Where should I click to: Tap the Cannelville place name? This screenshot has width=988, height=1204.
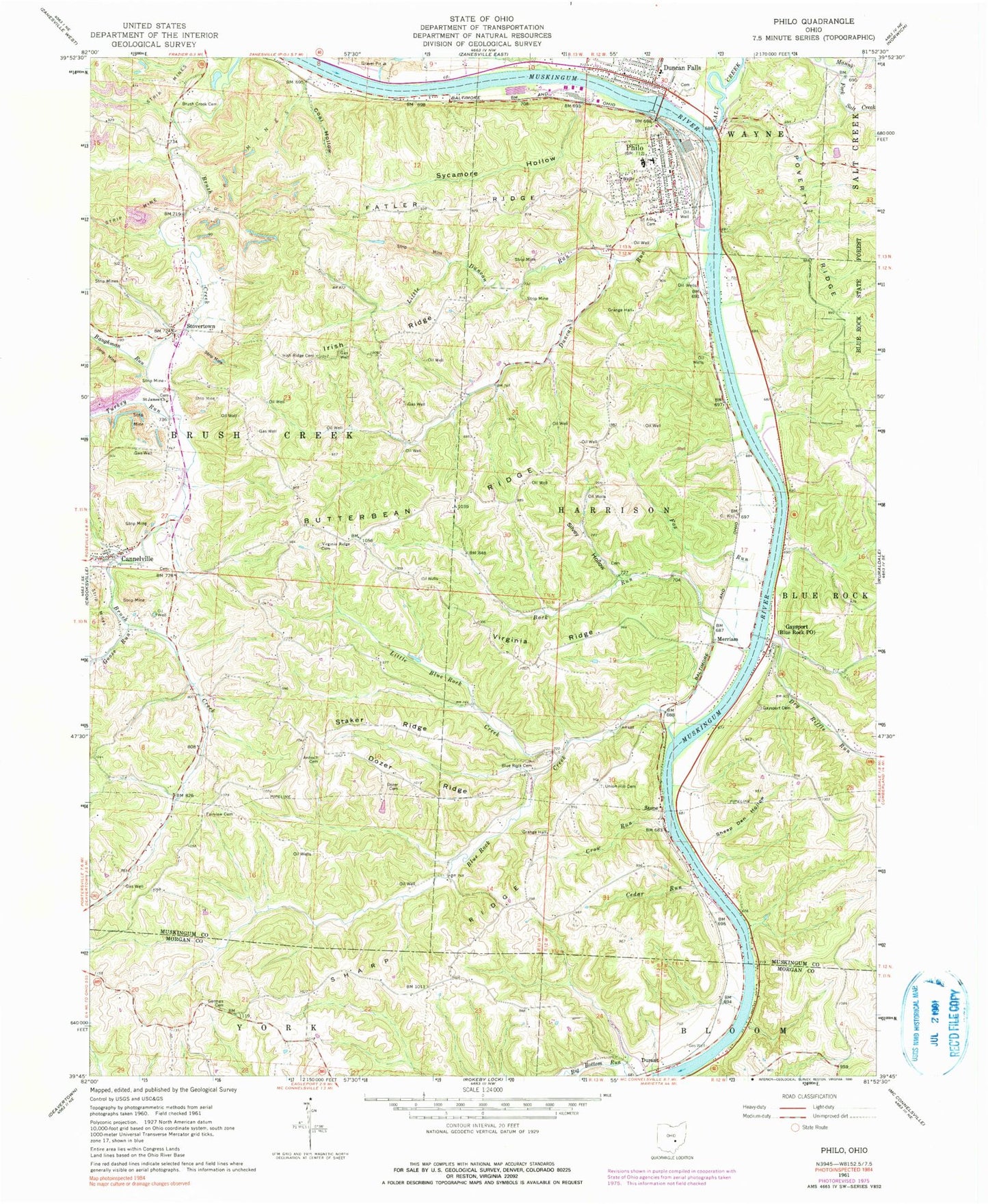137,558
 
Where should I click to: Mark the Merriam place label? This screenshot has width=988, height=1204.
727,639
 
